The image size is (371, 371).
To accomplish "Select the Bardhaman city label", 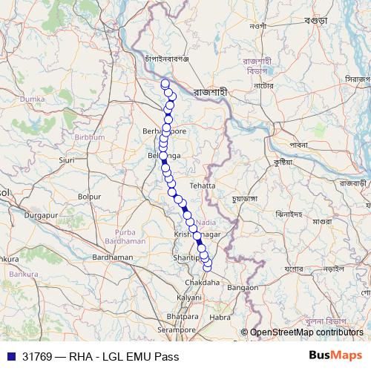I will (x=112, y=257).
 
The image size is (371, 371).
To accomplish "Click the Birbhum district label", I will (x=89, y=137).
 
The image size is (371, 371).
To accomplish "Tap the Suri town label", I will (x=67, y=160).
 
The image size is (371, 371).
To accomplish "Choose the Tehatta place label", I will (x=202, y=185).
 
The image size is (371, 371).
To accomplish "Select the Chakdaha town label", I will (x=202, y=283).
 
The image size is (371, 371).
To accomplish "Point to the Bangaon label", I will (x=243, y=286).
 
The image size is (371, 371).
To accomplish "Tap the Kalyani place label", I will (x=189, y=297).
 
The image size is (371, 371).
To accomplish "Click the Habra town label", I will (x=220, y=317).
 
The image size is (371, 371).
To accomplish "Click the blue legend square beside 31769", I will (x=11, y=356).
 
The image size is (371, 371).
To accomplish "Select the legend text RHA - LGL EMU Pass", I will (x=126, y=356).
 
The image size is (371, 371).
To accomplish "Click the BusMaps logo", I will (x=335, y=355).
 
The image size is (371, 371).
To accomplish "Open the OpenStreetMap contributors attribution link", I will (x=312, y=332).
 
